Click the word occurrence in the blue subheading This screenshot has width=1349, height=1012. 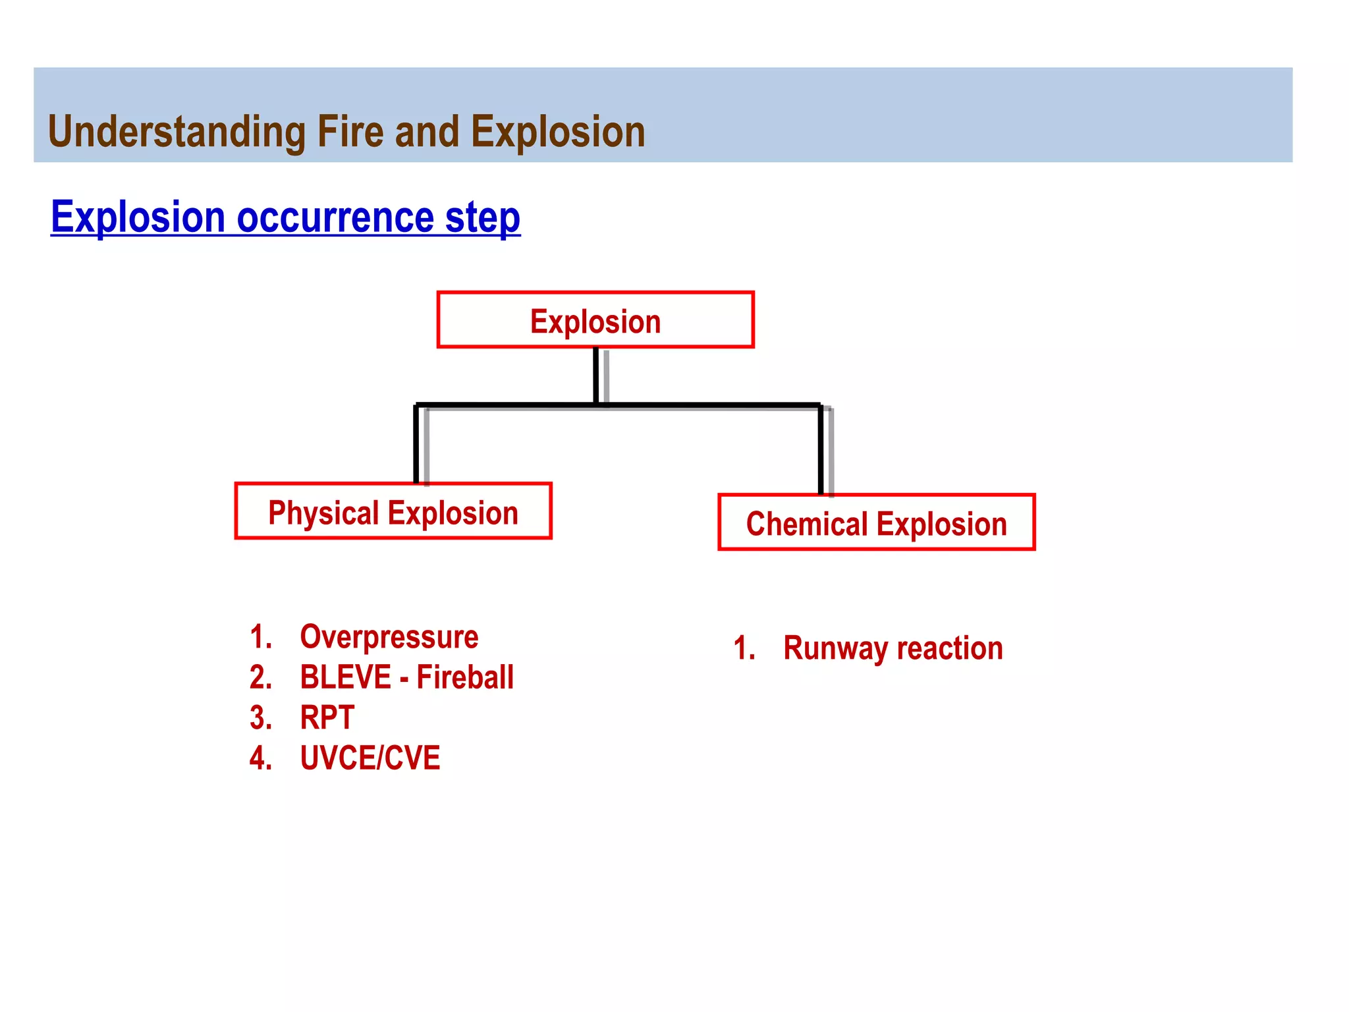click(335, 217)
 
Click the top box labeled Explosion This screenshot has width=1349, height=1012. click(595, 320)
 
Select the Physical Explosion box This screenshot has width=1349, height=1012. click(393, 512)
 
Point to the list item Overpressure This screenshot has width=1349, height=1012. click(389, 637)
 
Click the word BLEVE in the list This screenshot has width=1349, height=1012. click(345, 677)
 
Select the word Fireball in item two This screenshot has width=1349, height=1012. click(465, 677)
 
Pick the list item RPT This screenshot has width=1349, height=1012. click(327, 717)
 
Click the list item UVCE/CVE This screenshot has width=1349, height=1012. click(370, 758)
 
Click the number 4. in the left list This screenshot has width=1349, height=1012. click(261, 758)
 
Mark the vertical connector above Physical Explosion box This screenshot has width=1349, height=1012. click(416, 445)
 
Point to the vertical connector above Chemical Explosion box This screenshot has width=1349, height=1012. click(821, 450)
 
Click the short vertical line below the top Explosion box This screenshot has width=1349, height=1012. click(596, 376)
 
